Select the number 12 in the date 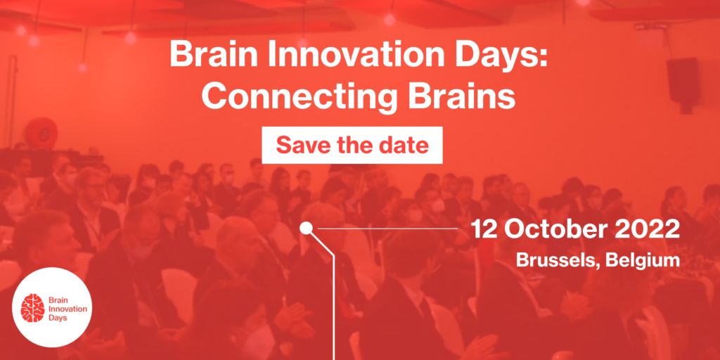point(482,230)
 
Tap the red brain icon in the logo point(33,308)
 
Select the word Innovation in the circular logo point(67,309)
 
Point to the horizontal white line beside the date point(388,228)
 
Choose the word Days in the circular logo point(57,318)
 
